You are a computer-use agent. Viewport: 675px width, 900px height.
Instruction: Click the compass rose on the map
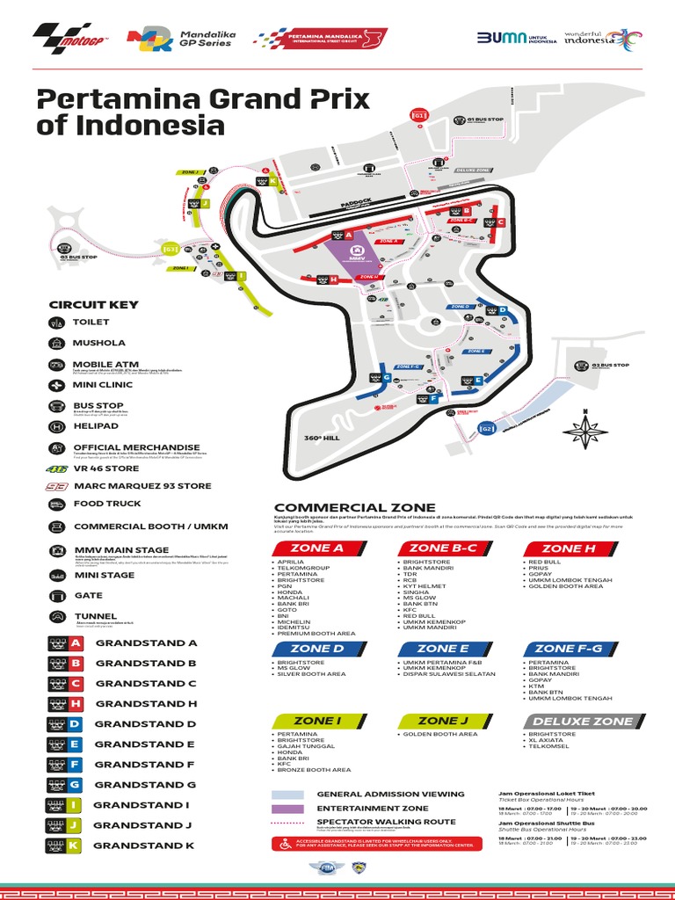point(580,431)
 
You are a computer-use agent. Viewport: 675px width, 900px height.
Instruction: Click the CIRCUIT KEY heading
point(94,304)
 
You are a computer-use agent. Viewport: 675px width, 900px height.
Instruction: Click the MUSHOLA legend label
point(98,343)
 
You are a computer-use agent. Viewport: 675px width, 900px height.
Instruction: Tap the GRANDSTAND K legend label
point(144,846)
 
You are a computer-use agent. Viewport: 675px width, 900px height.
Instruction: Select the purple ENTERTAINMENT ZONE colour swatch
point(288,809)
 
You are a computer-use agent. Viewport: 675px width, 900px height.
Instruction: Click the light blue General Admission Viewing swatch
point(288,795)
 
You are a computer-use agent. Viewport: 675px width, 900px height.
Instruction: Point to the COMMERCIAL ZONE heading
point(354,507)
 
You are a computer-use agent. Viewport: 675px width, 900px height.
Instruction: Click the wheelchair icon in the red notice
point(284,844)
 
